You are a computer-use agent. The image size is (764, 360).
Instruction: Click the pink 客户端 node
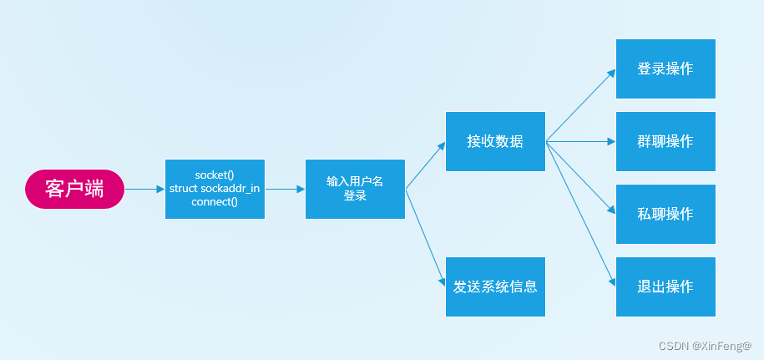[x=74, y=189]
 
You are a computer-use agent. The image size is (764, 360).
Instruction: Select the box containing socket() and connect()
[x=215, y=189]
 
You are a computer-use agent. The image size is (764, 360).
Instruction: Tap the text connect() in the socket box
[x=215, y=202]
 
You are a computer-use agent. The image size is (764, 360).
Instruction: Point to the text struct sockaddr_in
[x=215, y=189]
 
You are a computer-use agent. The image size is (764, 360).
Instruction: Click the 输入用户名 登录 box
[x=355, y=189]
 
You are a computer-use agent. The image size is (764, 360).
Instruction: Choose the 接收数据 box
[x=495, y=141]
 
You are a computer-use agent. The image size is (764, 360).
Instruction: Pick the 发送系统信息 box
[x=495, y=286]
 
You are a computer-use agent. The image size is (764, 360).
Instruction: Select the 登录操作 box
[x=665, y=68]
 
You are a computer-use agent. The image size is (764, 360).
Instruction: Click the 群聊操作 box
[x=665, y=141]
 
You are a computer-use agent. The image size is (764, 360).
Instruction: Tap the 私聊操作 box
[x=665, y=214]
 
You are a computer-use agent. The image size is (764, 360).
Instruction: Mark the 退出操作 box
[x=665, y=286]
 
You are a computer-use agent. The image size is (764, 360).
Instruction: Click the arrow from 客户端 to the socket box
[x=144, y=190]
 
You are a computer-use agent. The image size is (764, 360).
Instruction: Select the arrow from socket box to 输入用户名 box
[x=285, y=190]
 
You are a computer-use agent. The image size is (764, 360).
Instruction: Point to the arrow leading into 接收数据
[x=426, y=165]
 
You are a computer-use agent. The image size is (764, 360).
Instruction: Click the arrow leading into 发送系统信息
[x=426, y=238]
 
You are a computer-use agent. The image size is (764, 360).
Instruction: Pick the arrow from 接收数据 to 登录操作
[x=580, y=105]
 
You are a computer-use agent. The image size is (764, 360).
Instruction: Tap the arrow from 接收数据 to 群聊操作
[x=580, y=142]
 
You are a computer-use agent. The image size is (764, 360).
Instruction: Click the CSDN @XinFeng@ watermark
[x=705, y=346]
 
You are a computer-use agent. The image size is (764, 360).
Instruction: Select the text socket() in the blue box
[x=215, y=175]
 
